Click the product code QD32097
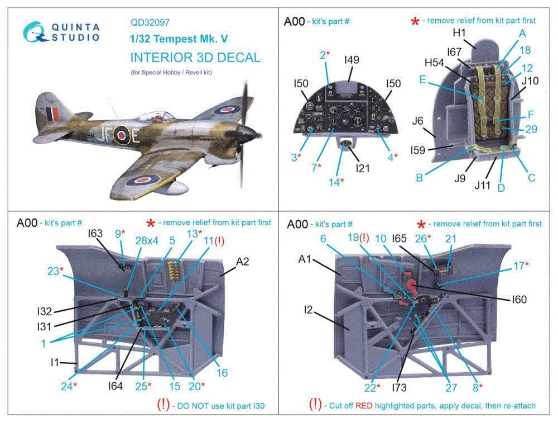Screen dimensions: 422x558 tap(150, 23)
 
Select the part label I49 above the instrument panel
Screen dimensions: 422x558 tap(352, 60)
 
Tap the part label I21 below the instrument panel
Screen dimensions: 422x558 tap(362, 167)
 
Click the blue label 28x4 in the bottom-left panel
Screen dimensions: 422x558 tap(147, 241)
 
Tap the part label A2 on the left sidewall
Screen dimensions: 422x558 tap(243, 260)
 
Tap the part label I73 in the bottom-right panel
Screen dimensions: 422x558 tap(399, 388)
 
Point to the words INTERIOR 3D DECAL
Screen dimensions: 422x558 tap(195, 58)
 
